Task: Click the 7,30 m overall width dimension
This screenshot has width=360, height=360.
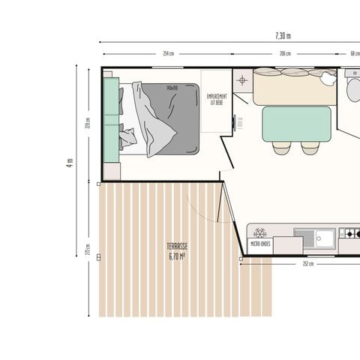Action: click(283, 35)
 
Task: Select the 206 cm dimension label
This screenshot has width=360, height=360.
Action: click(285, 54)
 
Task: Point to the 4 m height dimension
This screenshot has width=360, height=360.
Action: click(69, 163)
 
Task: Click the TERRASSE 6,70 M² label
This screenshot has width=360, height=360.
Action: click(177, 250)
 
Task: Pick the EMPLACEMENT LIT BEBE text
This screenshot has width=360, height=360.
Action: click(218, 99)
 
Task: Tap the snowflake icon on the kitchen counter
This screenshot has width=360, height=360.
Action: click(261, 233)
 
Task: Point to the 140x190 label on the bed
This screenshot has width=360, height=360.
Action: click(178, 87)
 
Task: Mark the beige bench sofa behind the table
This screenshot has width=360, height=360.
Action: click(294, 88)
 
